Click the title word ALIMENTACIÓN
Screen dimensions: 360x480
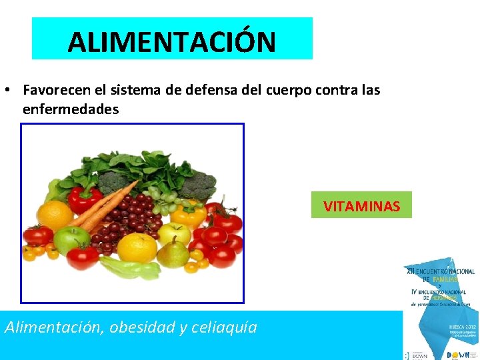[x=171, y=42]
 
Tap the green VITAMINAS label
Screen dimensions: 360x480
[x=361, y=206]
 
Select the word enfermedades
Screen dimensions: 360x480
[x=71, y=109]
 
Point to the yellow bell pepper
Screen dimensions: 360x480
[x=188, y=213]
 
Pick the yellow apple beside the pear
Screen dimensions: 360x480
[x=175, y=233]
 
